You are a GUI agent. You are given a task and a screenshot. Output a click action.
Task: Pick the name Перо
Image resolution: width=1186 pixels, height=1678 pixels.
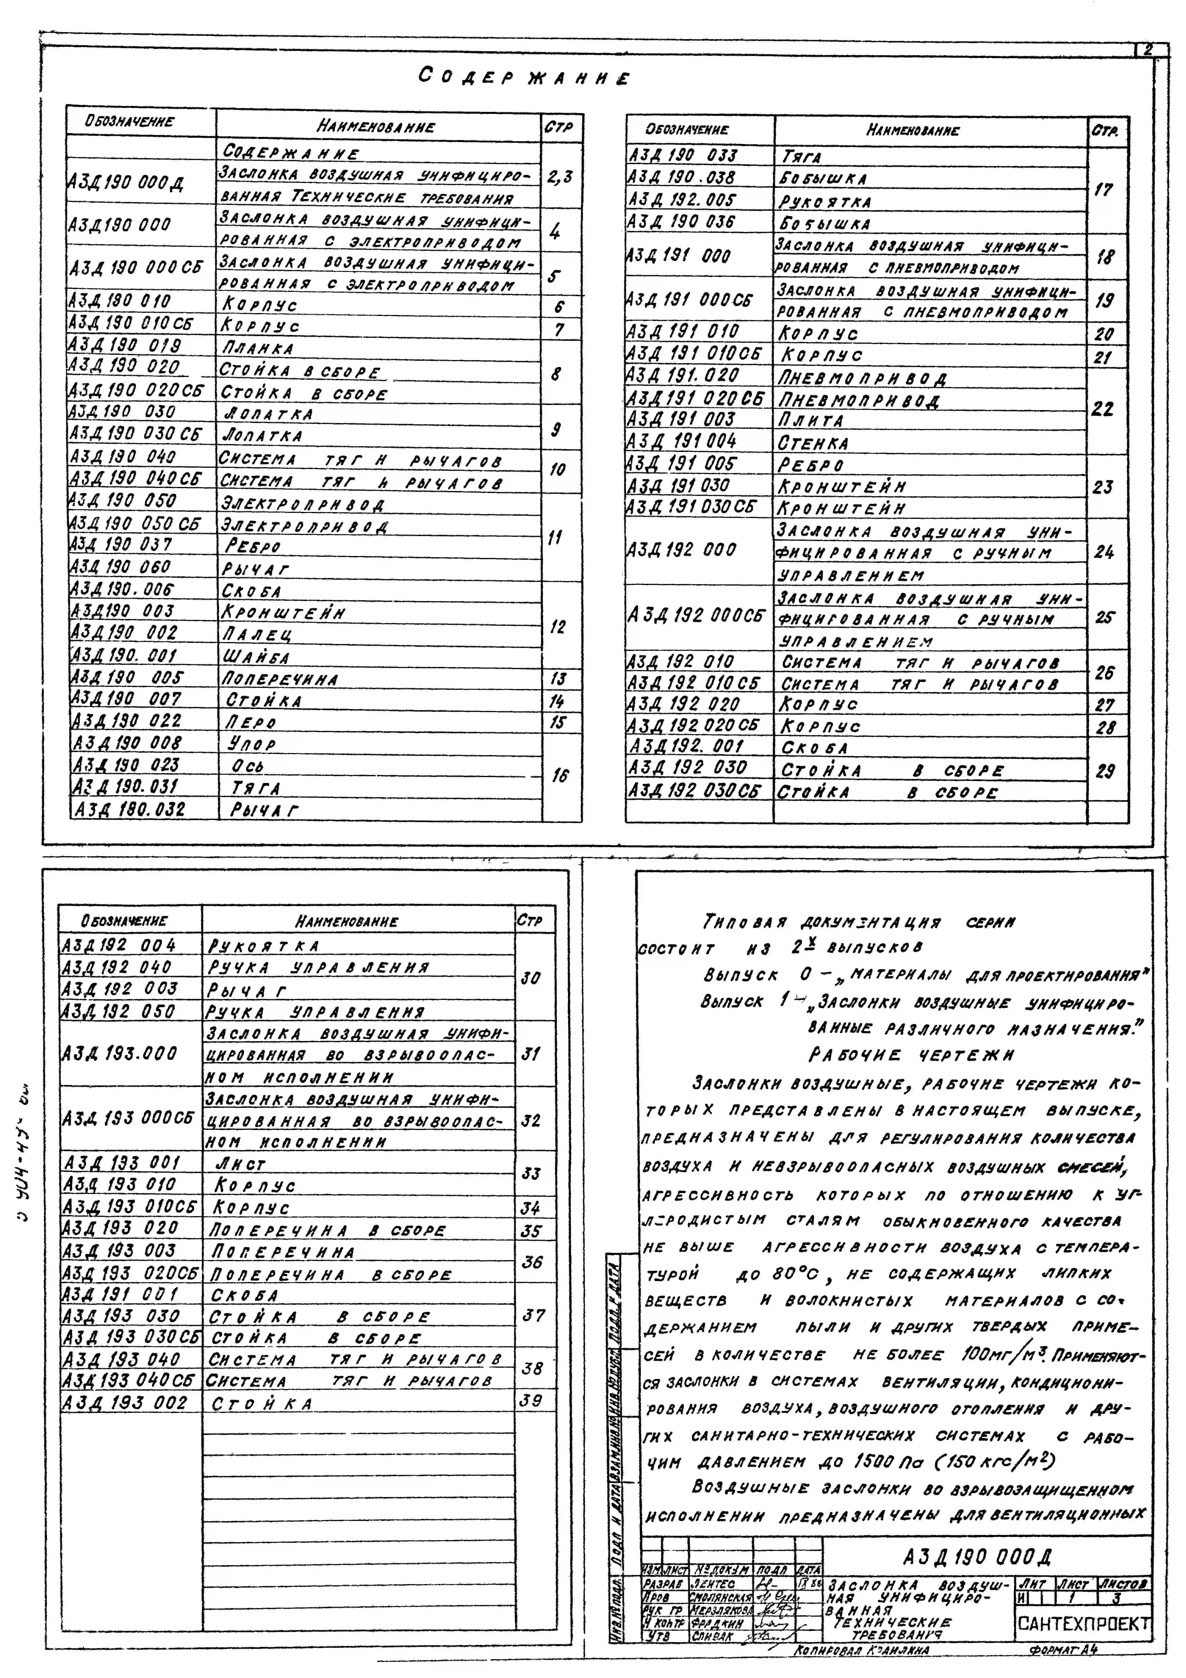251,722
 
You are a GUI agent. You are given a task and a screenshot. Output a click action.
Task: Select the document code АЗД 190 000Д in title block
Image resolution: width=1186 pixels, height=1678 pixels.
976,1557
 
